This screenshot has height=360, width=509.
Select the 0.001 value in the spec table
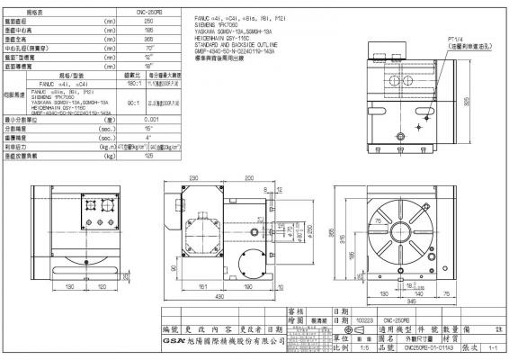coord(152,118)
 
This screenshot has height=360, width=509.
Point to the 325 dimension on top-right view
coord(494,102)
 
